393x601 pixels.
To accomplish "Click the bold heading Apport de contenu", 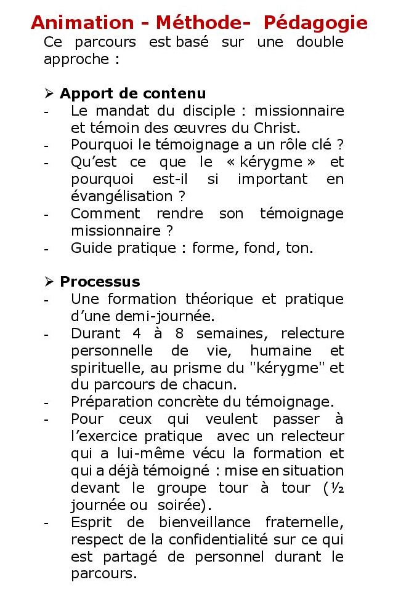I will pyautogui.click(x=132, y=94).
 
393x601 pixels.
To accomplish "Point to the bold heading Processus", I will pyautogui.click(x=100, y=282).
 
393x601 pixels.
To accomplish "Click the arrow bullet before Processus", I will pyautogui.click(x=49, y=282).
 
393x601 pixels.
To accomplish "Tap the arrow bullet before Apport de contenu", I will pyautogui.click(x=49, y=94).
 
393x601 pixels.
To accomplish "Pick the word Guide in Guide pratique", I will pyautogui.click(x=89, y=249).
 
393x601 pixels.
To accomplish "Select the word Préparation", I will pyautogui.click(x=109, y=402).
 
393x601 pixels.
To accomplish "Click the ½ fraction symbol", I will pyautogui.click(x=338, y=488).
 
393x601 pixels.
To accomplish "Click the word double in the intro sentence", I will pyautogui.click(x=320, y=42).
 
